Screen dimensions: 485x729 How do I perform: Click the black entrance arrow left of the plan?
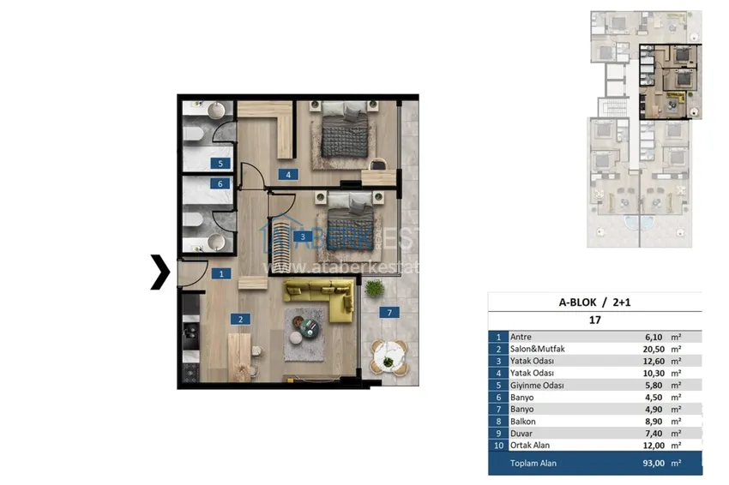click(160, 272)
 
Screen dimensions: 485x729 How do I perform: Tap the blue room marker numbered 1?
click(220, 274)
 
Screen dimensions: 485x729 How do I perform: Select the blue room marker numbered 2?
click(241, 320)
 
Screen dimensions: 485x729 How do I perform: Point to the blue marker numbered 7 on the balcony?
click(389, 313)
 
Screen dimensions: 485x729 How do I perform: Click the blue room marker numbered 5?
click(220, 163)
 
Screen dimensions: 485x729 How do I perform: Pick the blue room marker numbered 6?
click(220, 183)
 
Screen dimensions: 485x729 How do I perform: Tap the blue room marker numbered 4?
click(289, 176)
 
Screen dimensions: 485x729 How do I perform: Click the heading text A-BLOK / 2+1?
click(593, 302)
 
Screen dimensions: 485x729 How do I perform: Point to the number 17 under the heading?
click(593, 320)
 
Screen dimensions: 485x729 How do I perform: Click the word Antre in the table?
click(521, 337)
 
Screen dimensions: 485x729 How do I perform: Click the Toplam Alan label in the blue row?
click(534, 463)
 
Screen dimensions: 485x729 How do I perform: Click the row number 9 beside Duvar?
click(497, 434)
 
